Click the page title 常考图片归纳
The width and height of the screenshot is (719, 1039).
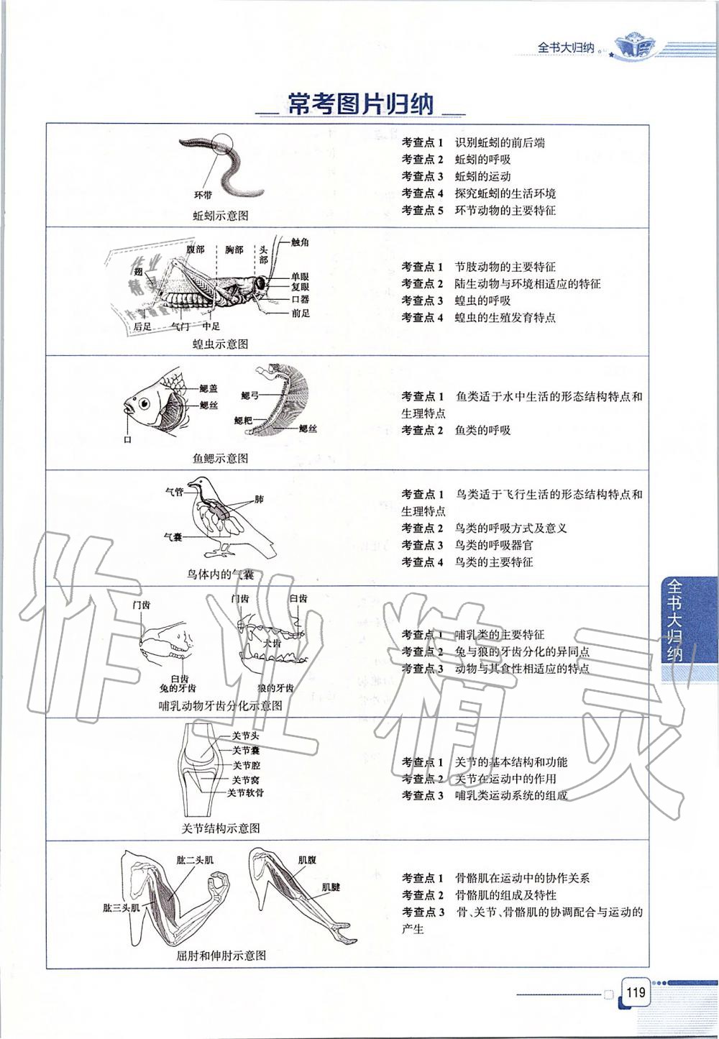[360, 105]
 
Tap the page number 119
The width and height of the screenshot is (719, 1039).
[635, 994]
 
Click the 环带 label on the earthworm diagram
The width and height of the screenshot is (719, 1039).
[203, 195]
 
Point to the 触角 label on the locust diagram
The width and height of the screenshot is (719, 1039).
[300, 242]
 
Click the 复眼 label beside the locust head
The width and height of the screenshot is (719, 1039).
[301, 286]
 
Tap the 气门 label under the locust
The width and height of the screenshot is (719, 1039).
[180, 326]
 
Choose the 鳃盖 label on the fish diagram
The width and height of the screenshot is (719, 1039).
[209, 388]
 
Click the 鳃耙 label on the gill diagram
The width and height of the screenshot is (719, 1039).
[243, 419]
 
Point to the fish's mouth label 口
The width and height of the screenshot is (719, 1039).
[128, 439]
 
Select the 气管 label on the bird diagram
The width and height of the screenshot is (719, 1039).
[174, 492]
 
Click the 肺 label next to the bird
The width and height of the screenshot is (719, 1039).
[259, 499]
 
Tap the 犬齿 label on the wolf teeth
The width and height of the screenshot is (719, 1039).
[272, 643]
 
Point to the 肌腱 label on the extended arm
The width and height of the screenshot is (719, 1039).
[331, 887]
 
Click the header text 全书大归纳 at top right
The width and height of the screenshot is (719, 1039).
[566, 47]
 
